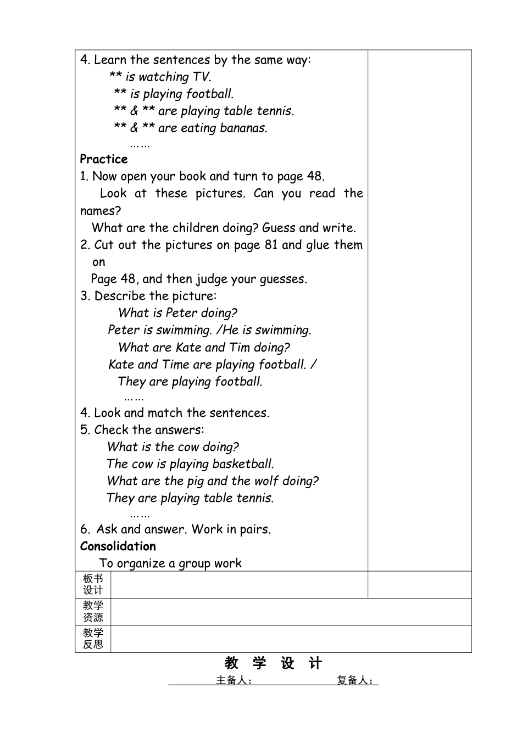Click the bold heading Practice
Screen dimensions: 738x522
coord(103,159)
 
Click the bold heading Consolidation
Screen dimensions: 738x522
coord(118,546)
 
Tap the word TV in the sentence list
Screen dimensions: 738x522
coord(201,77)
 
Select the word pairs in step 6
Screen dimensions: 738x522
coord(255,530)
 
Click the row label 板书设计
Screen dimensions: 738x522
coord(93,584)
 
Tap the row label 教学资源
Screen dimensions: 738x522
coord(93,612)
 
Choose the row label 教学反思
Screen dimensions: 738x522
coord(93,639)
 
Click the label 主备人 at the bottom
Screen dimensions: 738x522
coord(234,680)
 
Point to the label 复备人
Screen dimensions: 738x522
coord(355,680)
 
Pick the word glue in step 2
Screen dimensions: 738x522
coord(317,245)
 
